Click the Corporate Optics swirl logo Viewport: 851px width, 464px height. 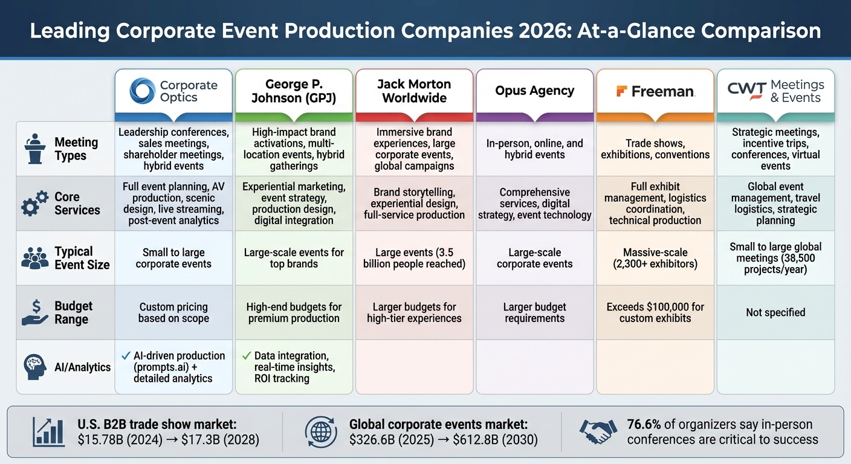143,91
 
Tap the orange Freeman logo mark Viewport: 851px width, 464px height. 621,91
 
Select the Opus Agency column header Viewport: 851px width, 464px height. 534,91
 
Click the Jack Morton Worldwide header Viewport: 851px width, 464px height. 414,91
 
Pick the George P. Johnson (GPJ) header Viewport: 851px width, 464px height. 294,91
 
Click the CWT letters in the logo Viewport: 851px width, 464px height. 746,91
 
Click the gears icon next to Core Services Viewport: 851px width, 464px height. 34,203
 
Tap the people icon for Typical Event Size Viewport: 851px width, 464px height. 34,258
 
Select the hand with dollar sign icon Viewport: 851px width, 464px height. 34,312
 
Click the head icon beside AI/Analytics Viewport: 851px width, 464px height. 34,367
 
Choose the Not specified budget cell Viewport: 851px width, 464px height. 775,312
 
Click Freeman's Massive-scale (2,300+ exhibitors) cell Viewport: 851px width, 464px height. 655,258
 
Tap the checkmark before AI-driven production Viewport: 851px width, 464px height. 126,356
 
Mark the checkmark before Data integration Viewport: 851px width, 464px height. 246,356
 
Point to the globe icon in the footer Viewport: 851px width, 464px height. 322,432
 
